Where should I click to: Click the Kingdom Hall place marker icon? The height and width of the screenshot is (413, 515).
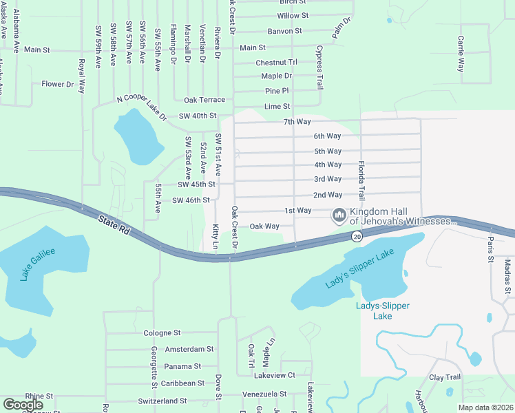pos(338,215)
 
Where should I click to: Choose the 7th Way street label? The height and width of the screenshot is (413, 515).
pos(297,122)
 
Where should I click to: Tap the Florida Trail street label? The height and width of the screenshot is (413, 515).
pos(360,178)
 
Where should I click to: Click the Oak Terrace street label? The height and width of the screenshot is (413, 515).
pos(204,100)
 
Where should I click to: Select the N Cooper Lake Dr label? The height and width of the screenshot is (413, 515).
pos(142,107)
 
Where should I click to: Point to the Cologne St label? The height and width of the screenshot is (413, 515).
pos(162,333)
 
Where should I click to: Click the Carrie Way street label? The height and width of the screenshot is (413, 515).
pos(460,54)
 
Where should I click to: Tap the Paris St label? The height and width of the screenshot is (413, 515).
pos(491,249)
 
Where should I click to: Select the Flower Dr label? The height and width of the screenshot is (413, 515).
pos(57,84)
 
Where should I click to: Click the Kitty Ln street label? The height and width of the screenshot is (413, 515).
pos(216,236)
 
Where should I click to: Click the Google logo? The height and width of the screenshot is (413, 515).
pos(23,405)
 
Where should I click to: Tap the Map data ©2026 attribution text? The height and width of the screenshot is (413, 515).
pos(485,407)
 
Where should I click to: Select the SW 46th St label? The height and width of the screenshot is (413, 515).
pos(191,200)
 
